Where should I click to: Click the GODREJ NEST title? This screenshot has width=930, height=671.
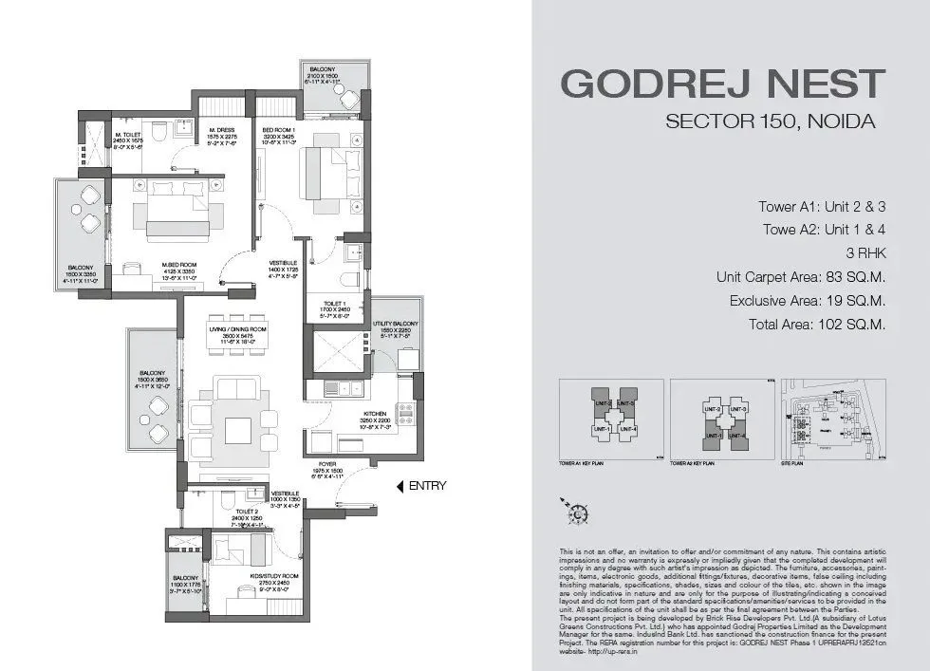pos(722,84)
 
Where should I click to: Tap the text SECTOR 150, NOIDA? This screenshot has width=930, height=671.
pos(770,121)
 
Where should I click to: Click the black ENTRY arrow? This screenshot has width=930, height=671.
pos(400,486)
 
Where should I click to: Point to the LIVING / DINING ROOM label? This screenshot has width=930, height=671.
pos(238,328)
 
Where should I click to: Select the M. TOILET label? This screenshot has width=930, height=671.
pos(127,135)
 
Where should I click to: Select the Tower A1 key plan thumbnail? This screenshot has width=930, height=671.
pos(608,419)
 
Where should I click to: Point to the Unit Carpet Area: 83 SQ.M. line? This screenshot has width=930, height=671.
pos(801,278)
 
